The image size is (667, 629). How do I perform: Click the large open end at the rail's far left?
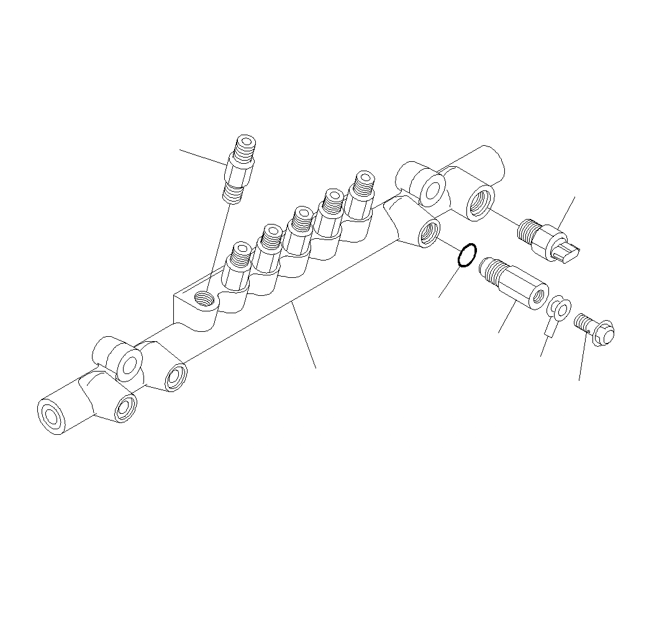[x=50, y=416]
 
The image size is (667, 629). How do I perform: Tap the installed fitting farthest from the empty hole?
[x=360, y=195]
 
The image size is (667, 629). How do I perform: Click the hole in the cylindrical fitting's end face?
[x=537, y=297]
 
